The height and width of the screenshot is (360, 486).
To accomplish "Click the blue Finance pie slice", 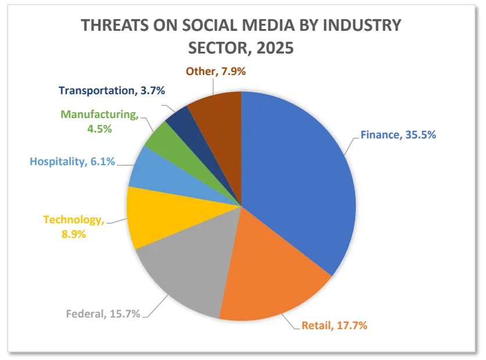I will coord(296,174).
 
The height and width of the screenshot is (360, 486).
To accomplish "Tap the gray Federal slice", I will coord(180,273).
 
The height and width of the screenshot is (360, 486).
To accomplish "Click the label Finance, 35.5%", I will coord(398,135).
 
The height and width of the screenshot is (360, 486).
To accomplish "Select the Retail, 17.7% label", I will coord(334,325).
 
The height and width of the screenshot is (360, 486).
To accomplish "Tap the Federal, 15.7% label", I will coord(103,314).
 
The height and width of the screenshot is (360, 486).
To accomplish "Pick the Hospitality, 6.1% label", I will coord(73,162).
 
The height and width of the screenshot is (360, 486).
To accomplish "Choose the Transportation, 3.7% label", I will coord(112,90).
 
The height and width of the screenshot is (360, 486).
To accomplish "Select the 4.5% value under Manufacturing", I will coord(98,127).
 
